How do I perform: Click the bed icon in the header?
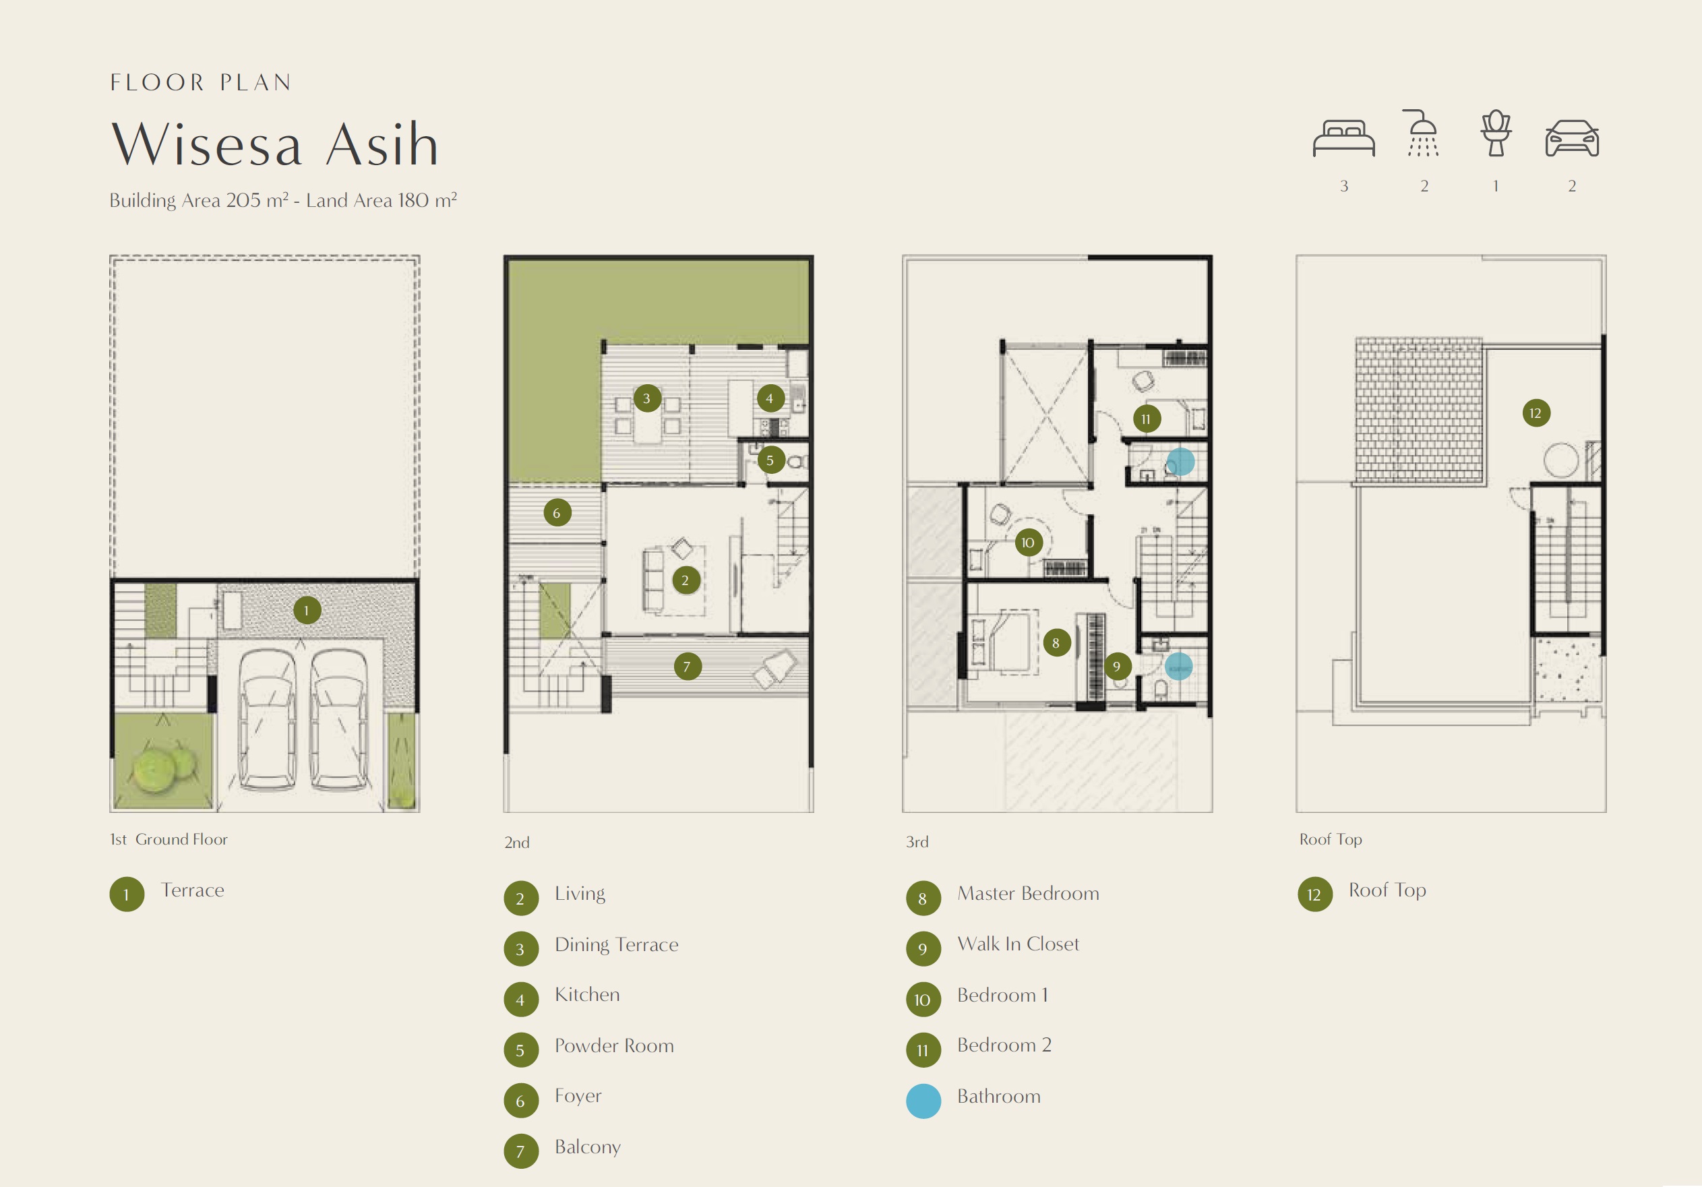[1343, 138]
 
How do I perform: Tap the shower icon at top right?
[1422, 133]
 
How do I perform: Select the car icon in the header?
[1571, 139]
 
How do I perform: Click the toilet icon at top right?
[1496, 133]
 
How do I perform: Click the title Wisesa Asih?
[275, 144]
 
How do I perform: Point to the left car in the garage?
[268, 719]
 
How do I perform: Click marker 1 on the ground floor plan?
[307, 610]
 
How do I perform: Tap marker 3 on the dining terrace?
[646, 398]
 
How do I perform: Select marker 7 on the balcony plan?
[687, 667]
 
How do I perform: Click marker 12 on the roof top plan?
[1536, 413]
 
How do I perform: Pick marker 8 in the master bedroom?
[1056, 643]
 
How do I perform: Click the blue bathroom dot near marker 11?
[1180, 462]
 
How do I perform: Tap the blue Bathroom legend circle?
[923, 1101]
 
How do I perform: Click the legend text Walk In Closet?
[1018, 944]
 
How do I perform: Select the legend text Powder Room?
[615, 1045]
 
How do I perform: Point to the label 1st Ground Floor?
[169, 839]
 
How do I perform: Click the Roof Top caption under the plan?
[1331, 839]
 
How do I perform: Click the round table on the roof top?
[1561, 460]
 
